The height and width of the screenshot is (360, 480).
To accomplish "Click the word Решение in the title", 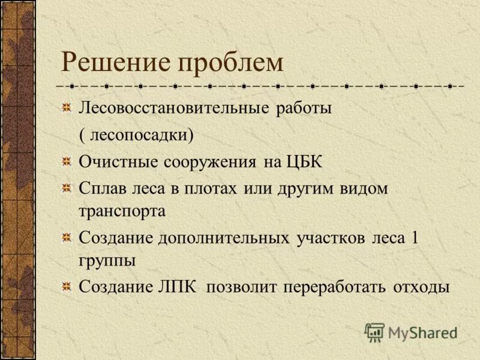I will (110, 63).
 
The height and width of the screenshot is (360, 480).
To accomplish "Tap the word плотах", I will (208, 188).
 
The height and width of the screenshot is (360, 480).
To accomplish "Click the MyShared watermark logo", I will (411, 332).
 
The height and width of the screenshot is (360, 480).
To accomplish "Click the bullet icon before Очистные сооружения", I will (67, 161).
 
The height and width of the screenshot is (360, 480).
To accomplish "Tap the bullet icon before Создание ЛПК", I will (67, 287).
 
